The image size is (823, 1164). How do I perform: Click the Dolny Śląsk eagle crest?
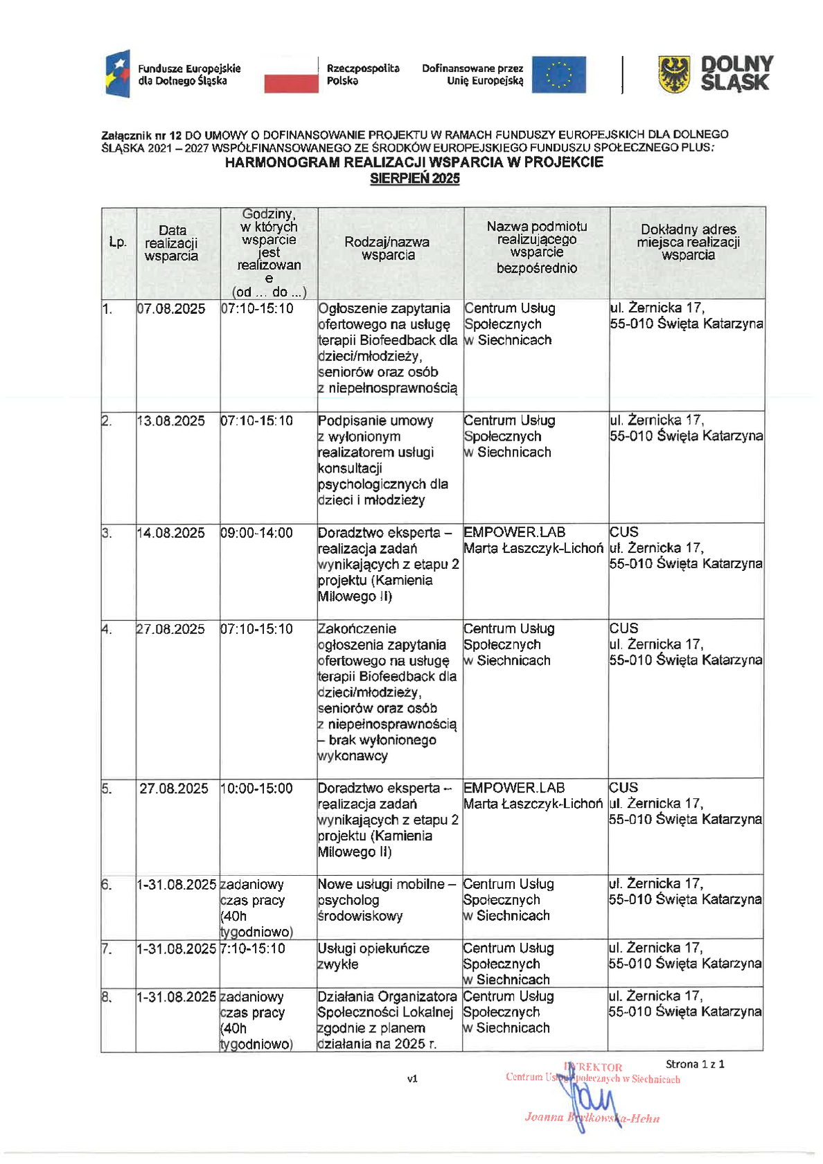point(674,74)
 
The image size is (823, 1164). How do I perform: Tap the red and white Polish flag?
point(291,75)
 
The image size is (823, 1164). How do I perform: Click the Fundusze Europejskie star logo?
point(118,74)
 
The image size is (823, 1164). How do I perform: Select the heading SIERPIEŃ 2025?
point(414,179)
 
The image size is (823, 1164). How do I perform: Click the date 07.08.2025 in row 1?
point(171,309)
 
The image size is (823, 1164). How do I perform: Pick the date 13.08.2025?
point(171,421)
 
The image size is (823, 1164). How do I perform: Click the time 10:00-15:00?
point(257,788)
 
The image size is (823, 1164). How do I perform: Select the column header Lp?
point(118,242)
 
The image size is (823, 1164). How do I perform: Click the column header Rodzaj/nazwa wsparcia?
point(387,249)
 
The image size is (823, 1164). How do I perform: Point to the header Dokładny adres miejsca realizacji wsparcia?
point(688,242)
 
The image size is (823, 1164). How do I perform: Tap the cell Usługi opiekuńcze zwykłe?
point(373,956)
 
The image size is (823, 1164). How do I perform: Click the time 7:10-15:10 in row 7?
point(253,949)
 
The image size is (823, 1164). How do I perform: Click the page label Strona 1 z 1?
point(695,1064)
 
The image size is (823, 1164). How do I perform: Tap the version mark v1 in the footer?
point(412,1079)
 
